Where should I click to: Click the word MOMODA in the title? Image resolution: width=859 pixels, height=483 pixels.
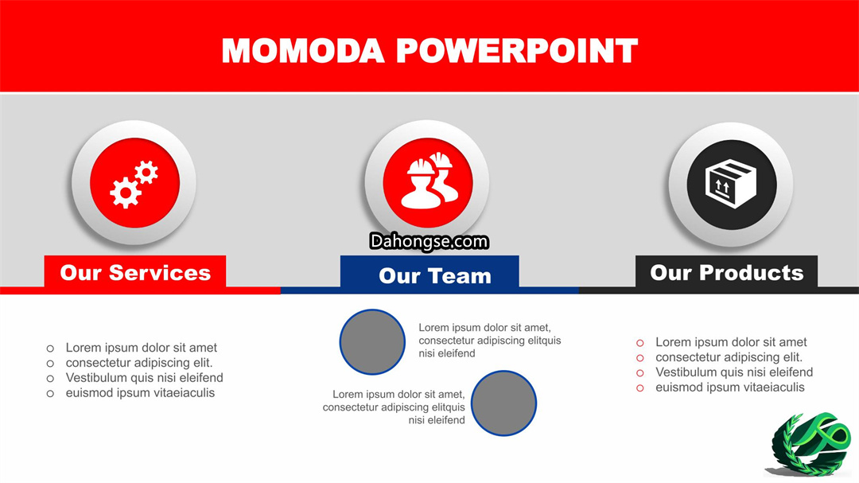coord(302,51)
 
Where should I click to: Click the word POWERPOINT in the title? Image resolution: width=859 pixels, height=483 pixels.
coord(517,51)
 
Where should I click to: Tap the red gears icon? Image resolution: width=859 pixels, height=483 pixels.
coord(134,184)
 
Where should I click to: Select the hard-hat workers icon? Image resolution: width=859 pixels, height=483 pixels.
coord(429,181)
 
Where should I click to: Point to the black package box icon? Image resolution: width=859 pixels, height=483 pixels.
coord(731,183)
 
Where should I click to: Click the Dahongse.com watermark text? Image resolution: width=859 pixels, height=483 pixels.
coord(429,241)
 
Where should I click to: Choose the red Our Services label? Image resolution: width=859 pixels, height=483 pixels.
coord(134,272)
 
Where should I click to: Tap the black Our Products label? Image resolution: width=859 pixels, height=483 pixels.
coord(726,272)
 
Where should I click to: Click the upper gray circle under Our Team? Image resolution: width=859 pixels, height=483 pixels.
coord(372,342)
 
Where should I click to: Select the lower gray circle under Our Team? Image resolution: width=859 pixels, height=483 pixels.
coord(503,403)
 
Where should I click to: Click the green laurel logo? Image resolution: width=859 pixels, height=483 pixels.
coord(809,444)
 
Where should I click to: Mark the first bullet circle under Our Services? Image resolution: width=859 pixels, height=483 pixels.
coord(50,349)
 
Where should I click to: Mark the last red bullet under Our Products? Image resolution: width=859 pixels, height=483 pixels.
coord(639,388)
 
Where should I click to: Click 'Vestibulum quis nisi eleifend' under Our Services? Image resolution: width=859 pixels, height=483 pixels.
coord(144,378)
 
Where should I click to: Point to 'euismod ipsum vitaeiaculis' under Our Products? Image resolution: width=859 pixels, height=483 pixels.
coord(729,388)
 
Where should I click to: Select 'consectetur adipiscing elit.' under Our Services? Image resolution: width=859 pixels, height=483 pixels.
coord(139,363)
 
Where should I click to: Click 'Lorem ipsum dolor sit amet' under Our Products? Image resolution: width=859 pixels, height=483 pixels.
coord(731,342)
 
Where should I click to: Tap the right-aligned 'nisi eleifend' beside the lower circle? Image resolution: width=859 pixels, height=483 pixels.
coord(437,420)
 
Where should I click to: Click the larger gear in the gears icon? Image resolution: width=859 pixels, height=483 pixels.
coord(126,193)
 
